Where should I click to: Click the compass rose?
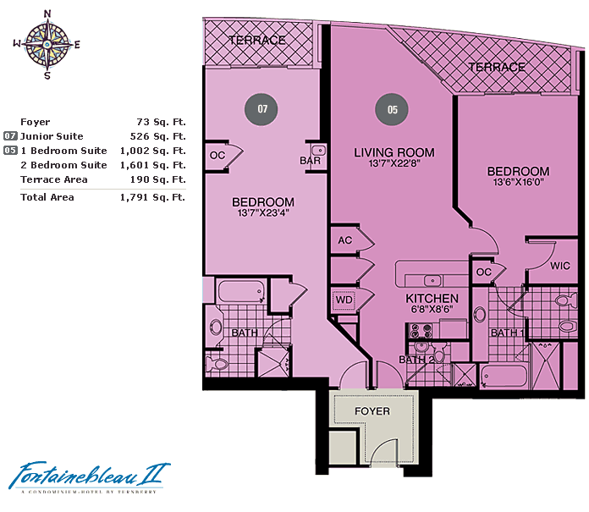[47, 45]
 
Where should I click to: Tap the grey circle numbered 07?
[261, 109]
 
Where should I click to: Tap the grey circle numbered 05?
[392, 110]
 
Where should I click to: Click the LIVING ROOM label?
[394, 152]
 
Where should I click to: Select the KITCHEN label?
[432, 299]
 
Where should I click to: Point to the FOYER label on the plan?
[372, 411]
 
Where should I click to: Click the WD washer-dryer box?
[344, 300]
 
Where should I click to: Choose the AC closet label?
[344, 240]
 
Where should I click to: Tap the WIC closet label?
[560, 266]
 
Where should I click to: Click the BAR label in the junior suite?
[311, 161]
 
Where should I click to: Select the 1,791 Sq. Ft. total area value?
[152, 197]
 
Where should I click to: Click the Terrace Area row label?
[54, 179]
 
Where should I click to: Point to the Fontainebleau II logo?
[90, 476]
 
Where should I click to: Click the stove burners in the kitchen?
[421, 331]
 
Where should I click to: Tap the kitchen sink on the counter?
[432, 281]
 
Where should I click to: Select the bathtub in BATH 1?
[504, 376]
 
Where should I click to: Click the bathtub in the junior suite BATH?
[240, 291]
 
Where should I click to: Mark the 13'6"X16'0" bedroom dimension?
[519, 182]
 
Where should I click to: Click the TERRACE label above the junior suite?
[257, 40]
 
